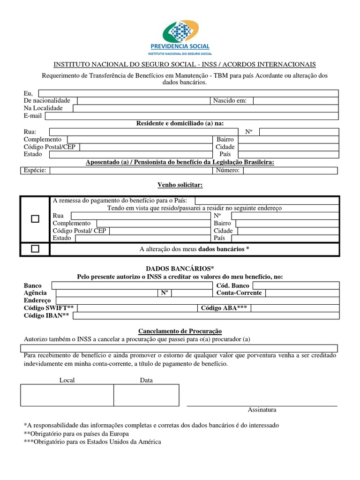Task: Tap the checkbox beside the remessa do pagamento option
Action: (35, 219)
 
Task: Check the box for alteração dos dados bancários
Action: (35, 249)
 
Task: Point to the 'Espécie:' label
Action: (35, 170)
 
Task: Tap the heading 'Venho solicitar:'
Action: (180, 185)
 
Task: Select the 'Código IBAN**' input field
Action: (206, 315)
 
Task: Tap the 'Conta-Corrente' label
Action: (239, 293)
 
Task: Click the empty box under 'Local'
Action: (67, 395)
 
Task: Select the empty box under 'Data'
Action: (146, 395)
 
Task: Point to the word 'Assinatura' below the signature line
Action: (262, 410)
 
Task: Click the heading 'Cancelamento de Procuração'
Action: (180, 331)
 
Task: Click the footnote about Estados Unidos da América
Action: (92, 442)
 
